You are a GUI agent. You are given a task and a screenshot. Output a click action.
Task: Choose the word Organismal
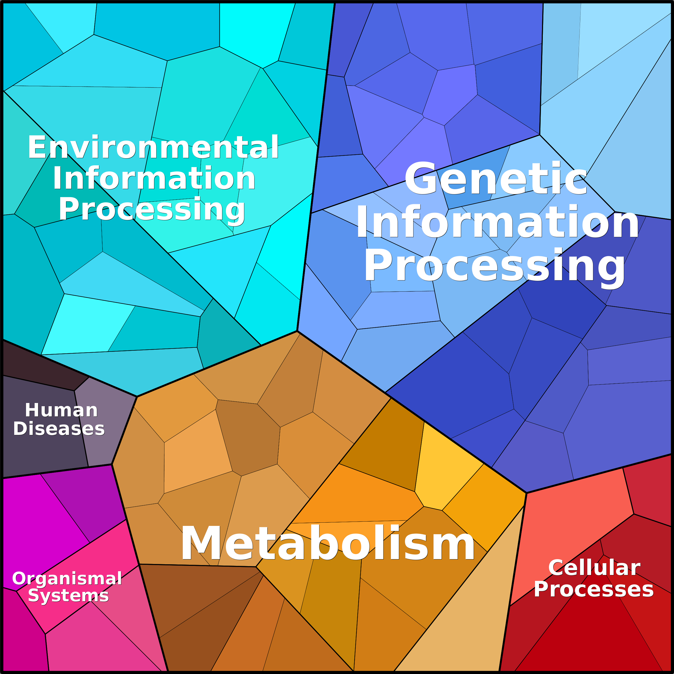(67, 578)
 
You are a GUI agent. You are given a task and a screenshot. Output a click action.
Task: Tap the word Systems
(68, 595)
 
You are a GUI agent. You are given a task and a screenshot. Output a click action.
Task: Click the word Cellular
(594, 567)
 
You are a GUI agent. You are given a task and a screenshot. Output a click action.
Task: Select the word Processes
(594, 589)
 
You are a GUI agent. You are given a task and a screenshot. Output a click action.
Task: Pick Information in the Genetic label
(497, 222)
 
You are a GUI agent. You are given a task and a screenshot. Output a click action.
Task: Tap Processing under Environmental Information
(152, 209)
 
